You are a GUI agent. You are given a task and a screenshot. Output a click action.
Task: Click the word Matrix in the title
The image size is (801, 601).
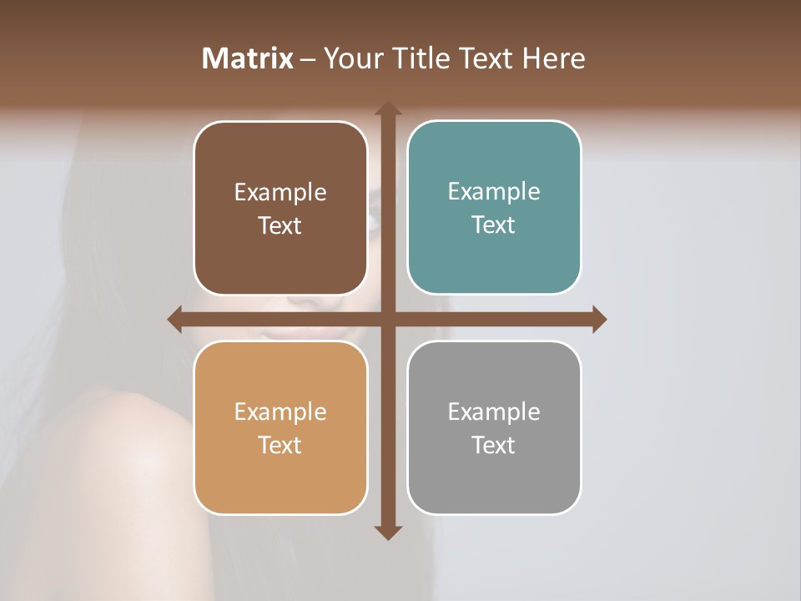[x=248, y=58]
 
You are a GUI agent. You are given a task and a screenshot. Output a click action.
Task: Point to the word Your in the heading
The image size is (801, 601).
[x=350, y=58]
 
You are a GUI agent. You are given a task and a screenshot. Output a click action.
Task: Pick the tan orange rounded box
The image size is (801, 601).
[x=280, y=476]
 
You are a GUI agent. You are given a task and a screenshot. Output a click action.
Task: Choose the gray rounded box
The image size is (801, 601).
[x=494, y=476]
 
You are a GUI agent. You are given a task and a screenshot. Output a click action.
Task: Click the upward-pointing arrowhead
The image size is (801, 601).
[x=387, y=109]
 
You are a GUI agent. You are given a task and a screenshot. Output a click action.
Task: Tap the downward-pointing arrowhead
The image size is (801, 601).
[x=387, y=532]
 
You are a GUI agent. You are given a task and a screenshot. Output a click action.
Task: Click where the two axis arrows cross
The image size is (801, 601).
[x=387, y=319]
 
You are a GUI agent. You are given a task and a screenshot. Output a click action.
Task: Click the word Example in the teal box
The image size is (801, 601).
[x=494, y=192]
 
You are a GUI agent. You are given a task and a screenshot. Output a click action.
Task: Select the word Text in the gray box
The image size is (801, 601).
[x=494, y=445]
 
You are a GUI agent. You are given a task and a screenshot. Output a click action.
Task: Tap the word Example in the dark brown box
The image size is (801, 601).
[x=280, y=193]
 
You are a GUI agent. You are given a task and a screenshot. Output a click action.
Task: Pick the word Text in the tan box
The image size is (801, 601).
[x=280, y=445]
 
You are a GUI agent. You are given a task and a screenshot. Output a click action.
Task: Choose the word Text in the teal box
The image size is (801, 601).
[x=494, y=225]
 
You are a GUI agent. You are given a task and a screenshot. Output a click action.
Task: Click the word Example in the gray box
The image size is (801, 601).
[x=494, y=412]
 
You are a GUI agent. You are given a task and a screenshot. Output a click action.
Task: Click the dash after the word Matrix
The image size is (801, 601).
[x=308, y=59]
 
